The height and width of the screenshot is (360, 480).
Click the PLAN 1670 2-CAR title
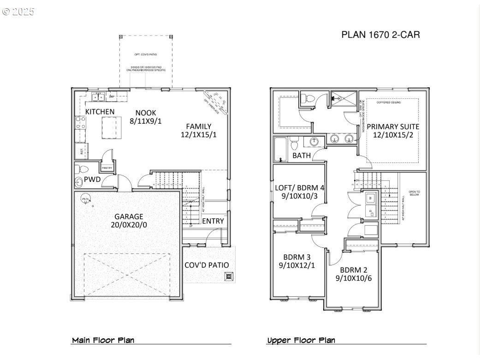pyautogui.click(x=380, y=35)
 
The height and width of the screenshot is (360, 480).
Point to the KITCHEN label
pyautogui.click(x=100, y=112)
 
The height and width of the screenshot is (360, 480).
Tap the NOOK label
pyautogui.click(x=145, y=113)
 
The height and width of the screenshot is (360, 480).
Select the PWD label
pyautogui.click(x=92, y=179)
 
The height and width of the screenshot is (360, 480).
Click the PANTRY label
pyautogui.click(x=107, y=168)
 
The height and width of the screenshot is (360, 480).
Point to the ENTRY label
pyautogui.click(x=213, y=221)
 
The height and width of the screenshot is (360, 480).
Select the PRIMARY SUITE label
pyautogui.click(x=392, y=126)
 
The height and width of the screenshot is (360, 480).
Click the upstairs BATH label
pyautogui.click(x=302, y=156)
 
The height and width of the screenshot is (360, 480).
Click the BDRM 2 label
pyautogui.click(x=354, y=270)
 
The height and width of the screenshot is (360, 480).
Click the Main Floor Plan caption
pyautogui.click(x=103, y=341)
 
